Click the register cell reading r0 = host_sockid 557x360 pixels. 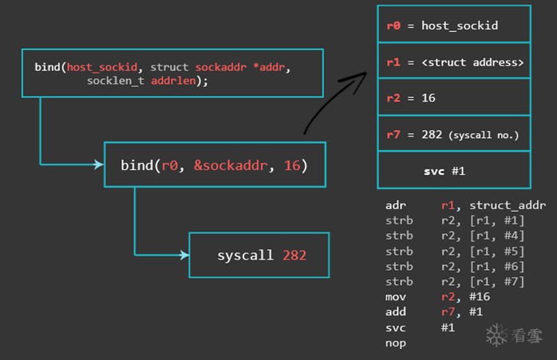(x=453, y=26)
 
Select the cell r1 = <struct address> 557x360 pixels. (x=453, y=62)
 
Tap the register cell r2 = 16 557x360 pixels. (x=453, y=99)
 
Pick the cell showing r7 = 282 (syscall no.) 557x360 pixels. (x=453, y=135)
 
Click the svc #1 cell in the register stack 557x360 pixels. (x=453, y=171)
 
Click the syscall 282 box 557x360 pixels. (x=259, y=255)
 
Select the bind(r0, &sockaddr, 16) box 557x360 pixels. (x=215, y=165)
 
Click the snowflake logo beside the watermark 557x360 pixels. (x=497, y=335)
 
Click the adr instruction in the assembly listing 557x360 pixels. (x=395, y=205)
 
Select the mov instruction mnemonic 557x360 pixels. (x=395, y=297)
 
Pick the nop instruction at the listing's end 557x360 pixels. (x=395, y=342)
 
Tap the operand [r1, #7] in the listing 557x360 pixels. (x=489, y=282)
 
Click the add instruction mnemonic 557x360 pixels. (x=395, y=312)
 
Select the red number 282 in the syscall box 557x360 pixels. (x=294, y=255)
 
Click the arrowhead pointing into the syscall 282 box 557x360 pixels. (x=185, y=255)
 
